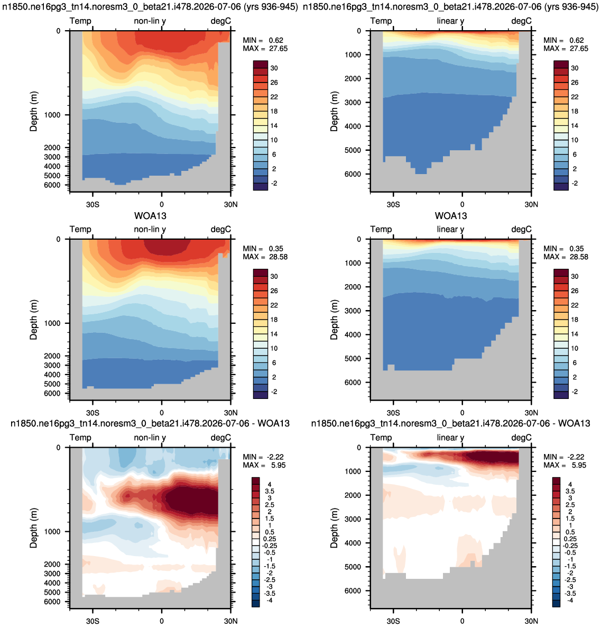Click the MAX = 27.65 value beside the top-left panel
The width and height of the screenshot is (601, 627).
click(265, 48)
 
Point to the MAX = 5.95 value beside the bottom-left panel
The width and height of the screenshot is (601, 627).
click(265, 465)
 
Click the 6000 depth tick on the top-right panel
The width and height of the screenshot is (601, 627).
click(353, 175)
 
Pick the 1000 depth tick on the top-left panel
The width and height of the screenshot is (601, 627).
click(52, 115)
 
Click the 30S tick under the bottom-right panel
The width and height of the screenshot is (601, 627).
click(393, 621)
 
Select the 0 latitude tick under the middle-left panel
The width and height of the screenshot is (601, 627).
click(161, 413)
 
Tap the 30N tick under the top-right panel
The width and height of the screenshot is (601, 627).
click(531, 204)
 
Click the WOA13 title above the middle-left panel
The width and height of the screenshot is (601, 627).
click(150, 216)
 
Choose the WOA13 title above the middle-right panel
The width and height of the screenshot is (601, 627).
click(451, 216)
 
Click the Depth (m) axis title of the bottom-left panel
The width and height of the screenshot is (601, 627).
click(34, 528)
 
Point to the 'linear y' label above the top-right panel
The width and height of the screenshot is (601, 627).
click(450, 21)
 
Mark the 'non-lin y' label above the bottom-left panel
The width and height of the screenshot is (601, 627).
click(150, 438)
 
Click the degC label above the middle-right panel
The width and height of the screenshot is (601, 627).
click(522, 230)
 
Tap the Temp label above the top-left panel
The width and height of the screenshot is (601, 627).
click(80, 21)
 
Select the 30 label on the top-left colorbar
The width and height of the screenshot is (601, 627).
click(274, 68)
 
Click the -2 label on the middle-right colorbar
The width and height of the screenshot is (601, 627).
click(575, 392)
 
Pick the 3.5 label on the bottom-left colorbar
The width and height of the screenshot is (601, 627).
click(270, 492)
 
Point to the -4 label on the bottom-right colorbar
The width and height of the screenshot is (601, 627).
click(570, 600)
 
